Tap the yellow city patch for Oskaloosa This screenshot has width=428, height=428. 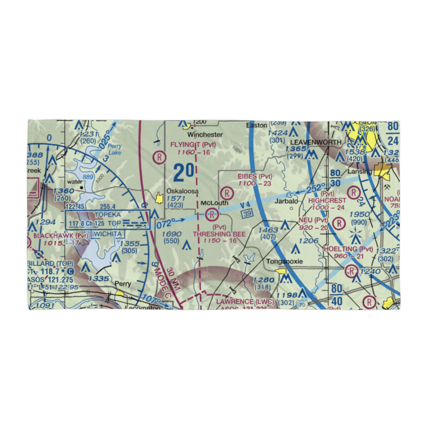coord(160,198)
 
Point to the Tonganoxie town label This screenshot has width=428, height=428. coord(284,262)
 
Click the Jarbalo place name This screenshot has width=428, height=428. coord(286,200)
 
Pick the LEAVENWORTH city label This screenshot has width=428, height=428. coord(316,142)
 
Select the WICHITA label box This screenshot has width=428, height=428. coord(109,234)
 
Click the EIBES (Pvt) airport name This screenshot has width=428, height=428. coord(255,176)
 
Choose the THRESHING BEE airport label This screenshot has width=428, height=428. coord(219,234)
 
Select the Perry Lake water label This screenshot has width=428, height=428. coord(115,149)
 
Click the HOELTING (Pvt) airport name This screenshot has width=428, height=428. coord(348,249)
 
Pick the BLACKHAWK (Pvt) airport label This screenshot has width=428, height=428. coord(61,236)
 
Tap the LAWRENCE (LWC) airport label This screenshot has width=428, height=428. coord(245,302)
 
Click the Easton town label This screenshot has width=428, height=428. coord(257,125)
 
